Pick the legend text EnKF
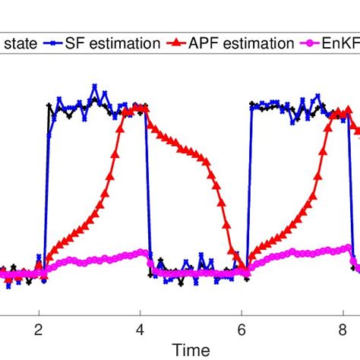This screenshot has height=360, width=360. [343, 43]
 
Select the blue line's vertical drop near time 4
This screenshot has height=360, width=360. [148, 190]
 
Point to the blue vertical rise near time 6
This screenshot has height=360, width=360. [249, 190]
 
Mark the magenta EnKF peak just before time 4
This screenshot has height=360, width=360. [143, 251]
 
